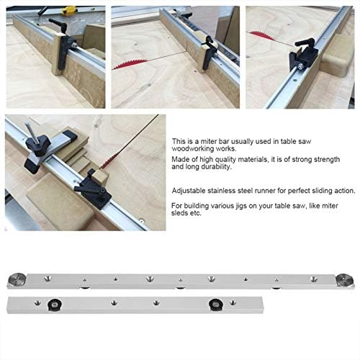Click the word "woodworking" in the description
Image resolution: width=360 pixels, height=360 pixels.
click(193, 149)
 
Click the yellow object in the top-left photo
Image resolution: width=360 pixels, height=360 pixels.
click(69, 10)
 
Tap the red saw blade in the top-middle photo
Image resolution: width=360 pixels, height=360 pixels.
click(130, 63)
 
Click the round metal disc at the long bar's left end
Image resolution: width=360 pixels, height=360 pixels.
click(17, 279)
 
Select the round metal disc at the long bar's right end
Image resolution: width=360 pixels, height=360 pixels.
click(344, 280)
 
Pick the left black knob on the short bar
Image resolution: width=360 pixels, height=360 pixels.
click(54, 305)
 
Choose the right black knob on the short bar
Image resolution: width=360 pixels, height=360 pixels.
click(216, 305)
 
